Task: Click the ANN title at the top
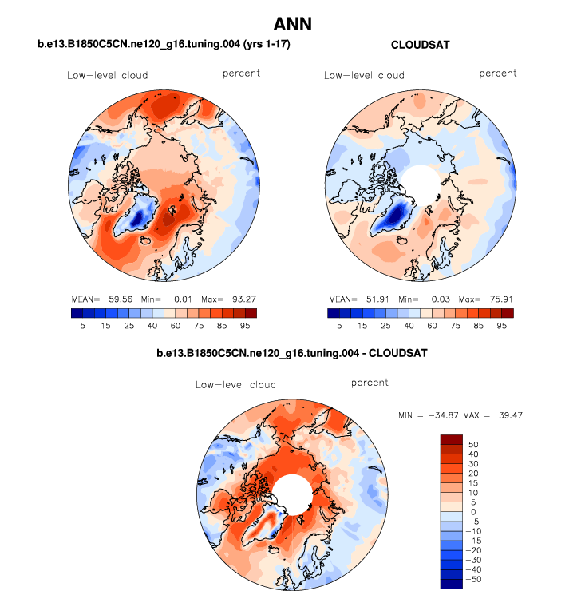(x=292, y=25)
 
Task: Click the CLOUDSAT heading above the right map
(x=421, y=46)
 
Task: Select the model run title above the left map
(x=164, y=46)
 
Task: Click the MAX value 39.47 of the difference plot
(x=507, y=415)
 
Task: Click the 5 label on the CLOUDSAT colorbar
(x=340, y=326)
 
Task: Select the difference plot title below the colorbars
(x=292, y=351)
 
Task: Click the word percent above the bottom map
(x=370, y=383)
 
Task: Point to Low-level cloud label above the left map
(x=107, y=76)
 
